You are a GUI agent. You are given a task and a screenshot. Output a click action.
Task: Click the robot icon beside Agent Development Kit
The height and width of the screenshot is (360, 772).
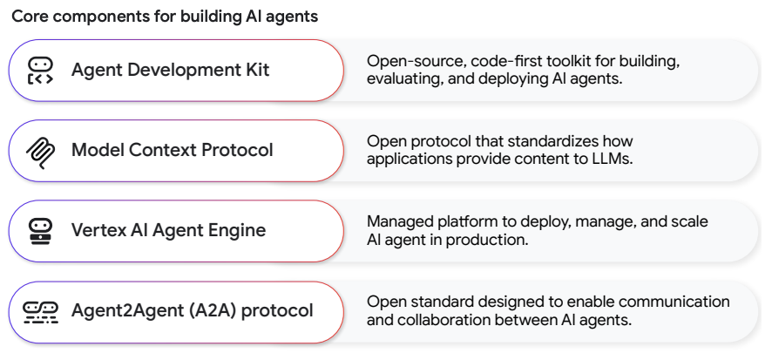40,71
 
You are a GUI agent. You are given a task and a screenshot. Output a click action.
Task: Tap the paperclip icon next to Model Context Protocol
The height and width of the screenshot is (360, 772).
40,151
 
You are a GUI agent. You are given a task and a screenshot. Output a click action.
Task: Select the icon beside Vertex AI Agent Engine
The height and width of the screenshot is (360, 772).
40,231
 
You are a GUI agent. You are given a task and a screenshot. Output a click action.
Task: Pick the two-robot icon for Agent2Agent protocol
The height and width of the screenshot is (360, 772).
40,312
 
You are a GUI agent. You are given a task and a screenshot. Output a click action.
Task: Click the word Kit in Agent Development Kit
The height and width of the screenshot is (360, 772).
258,70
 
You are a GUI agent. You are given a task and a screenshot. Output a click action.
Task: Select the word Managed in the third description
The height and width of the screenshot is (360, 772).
400,222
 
